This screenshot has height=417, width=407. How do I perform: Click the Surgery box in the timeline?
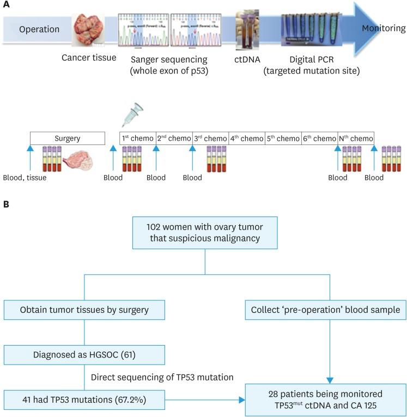(67, 138)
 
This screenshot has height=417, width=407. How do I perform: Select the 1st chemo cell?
(137, 138)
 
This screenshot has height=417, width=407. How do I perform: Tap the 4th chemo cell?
(247, 138)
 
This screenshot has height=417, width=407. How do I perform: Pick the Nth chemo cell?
(356, 138)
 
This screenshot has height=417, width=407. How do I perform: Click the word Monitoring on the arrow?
(384, 29)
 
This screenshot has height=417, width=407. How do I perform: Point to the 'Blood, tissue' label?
(25, 178)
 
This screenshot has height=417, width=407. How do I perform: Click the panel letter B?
(6, 204)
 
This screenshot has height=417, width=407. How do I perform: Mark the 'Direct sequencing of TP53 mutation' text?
(162, 376)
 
